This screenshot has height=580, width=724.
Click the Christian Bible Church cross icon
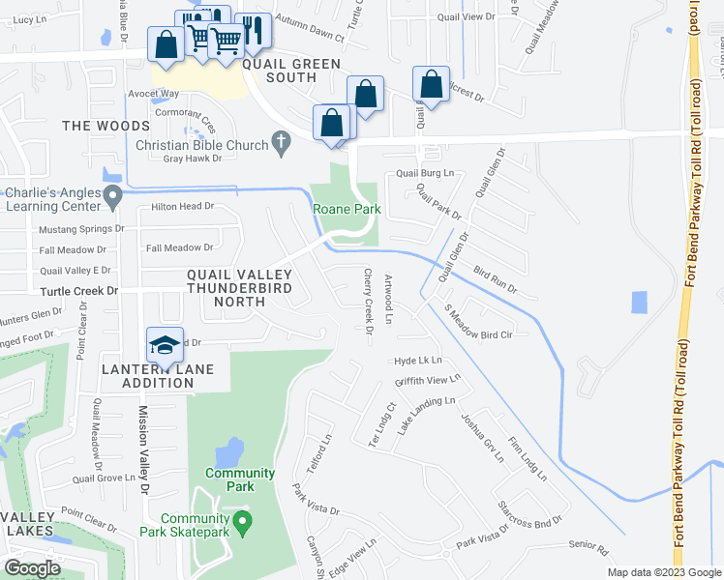pyautogui.click(x=281, y=144)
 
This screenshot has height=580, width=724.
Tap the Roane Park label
pyautogui.click(x=346, y=209)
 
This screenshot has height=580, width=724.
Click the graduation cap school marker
pyautogui.click(x=166, y=345)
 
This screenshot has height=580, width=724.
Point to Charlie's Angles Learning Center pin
pyautogui.click(x=113, y=198)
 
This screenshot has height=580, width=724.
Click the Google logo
pyautogui.click(x=32, y=568)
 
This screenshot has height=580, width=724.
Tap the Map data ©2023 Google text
pyautogui.click(x=663, y=572)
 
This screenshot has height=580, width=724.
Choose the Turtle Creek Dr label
pyautogui.click(x=78, y=291)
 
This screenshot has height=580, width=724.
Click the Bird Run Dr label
pyautogui.click(x=497, y=281)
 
